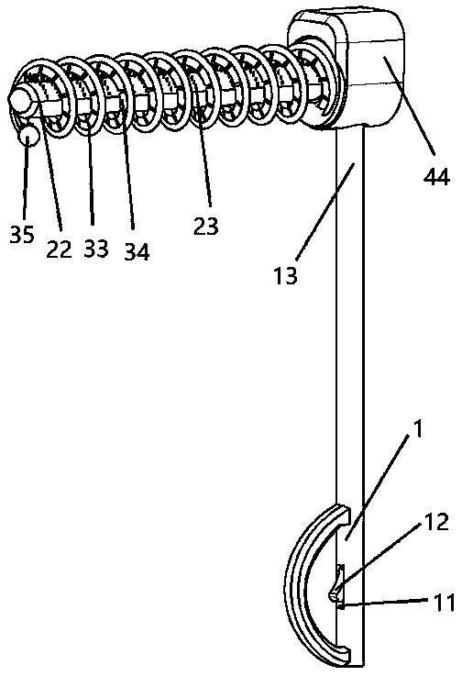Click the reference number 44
pyautogui.click(x=436, y=177)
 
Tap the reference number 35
pyautogui.click(x=22, y=235)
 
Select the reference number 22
pyautogui.click(x=59, y=249)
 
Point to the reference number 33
pyautogui.click(x=96, y=249)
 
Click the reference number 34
pyautogui.click(x=137, y=251)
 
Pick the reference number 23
pyautogui.click(x=206, y=226)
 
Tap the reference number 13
pyautogui.click(x=285, y=275)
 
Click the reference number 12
pyautogui.click(x=436, y=523)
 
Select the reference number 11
pyautogui.click(x=445, y=603)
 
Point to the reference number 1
pyautogui.click(x=417, y=430)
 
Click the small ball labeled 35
pyautogui.click(x=28, y=135)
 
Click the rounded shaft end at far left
pyautogui.click(x=18, y=97)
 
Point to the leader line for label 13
pyautogui.click(x=325, y=211)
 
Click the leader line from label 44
pyautogui.click(x=410, y=105)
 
